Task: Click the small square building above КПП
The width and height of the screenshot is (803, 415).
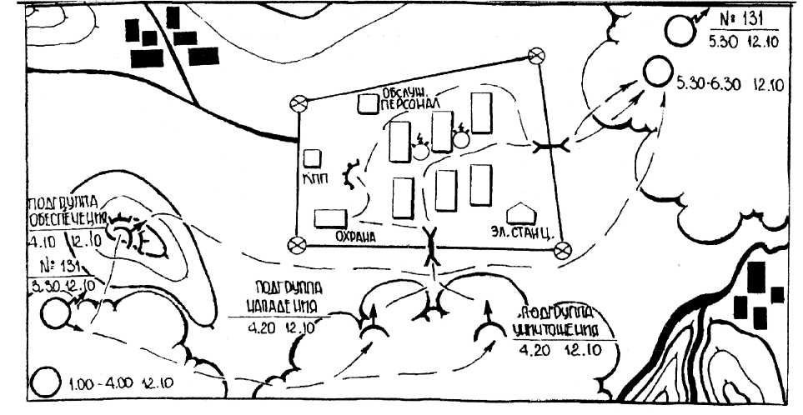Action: pos(312,157)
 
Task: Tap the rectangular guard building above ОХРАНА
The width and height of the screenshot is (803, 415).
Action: pos(330,218)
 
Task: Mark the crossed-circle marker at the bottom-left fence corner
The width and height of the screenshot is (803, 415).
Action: pos(295,244)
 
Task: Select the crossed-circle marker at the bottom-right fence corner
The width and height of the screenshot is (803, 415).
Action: pos(562,247)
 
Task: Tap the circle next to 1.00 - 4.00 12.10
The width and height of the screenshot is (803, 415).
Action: pos(44,385)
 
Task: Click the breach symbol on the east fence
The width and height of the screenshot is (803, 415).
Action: pos(550,147)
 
